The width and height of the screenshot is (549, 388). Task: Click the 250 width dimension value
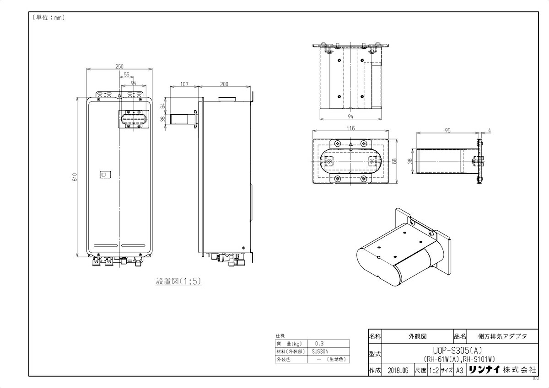click(119, 67)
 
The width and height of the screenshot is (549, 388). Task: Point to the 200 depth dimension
click(224, 84)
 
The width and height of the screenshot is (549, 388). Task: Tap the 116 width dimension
click(350, 129)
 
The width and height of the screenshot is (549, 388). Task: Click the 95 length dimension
click(447, 130)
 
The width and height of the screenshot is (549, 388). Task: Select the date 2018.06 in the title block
click(397, 371)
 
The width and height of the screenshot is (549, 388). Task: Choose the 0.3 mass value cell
click(320, 343)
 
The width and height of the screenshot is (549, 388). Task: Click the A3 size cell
click(459, 371)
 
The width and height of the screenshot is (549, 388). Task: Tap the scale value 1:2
click(434, 371)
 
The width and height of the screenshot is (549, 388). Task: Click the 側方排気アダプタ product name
click(502, 336)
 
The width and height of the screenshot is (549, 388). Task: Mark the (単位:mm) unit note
click(48, 18)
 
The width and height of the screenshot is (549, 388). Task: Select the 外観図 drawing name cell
click(417, 336)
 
